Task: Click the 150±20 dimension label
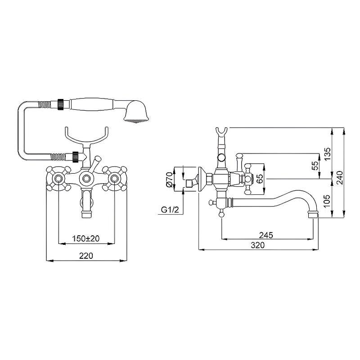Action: [x=86, y=238]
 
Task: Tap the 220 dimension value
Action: [x=86, y=256]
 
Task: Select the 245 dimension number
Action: [x=266, y=235]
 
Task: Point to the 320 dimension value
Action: [x=257, y=245]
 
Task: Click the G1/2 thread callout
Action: [x=170, y=210]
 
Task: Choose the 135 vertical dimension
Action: [x=328, y=154]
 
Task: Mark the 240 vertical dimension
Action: [x=339, y=177]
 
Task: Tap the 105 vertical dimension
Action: [x=328, y=201]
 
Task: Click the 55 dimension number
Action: [x=315, y=165]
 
